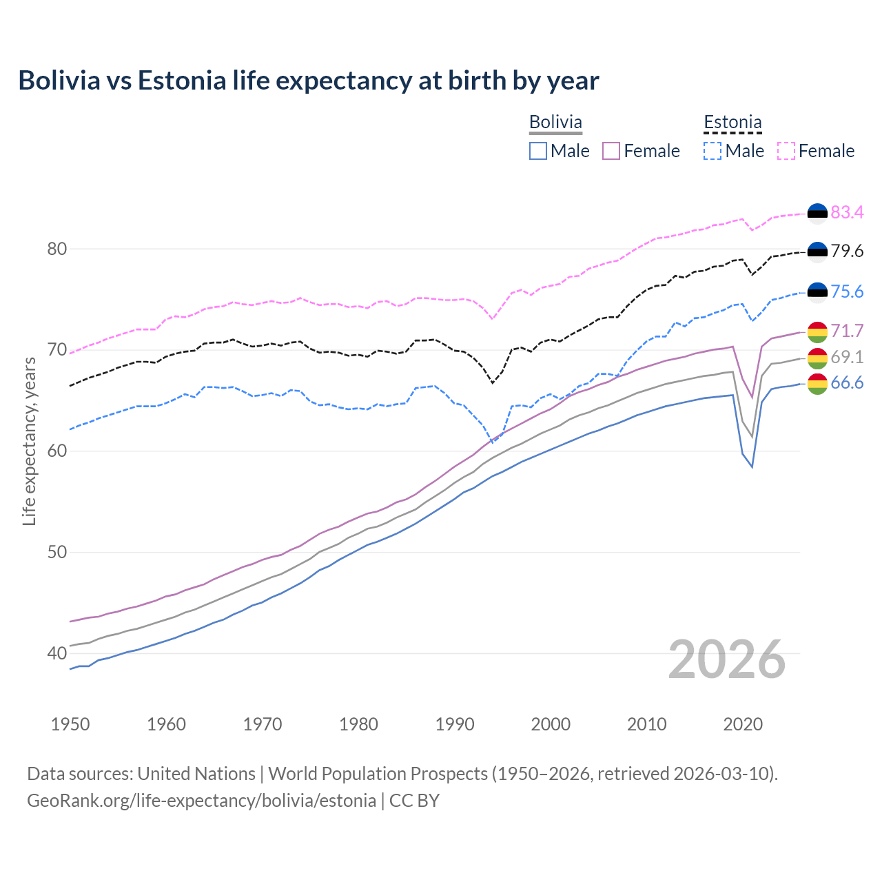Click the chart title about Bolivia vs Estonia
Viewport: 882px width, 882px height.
point(308,81)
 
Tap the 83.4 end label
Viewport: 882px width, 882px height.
point(847,212)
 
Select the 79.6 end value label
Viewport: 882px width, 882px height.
point(847,252)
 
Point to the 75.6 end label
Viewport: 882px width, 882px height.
point(847,291)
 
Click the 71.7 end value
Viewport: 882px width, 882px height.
point(847,331)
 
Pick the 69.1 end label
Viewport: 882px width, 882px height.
point(847,357)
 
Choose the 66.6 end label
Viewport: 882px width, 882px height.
point(847,383)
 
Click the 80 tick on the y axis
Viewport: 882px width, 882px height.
point(57,249)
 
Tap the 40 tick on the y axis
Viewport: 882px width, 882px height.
point(57,653)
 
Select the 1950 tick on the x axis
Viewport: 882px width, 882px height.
point(70,724)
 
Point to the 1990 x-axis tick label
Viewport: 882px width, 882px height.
point(455,724)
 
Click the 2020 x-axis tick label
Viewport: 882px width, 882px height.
point(743,724)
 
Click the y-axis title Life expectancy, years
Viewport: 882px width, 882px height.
point(29,441)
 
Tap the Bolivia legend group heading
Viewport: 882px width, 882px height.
point(555,122)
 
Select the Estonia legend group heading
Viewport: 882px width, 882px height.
point(732,122)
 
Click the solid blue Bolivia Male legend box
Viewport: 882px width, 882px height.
point(538,151)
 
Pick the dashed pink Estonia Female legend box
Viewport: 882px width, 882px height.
point(786,151)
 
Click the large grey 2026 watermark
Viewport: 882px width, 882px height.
point(727,659)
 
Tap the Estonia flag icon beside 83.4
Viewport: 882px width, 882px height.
point(817,213)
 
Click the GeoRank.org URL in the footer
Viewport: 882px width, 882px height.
point(201,801)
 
